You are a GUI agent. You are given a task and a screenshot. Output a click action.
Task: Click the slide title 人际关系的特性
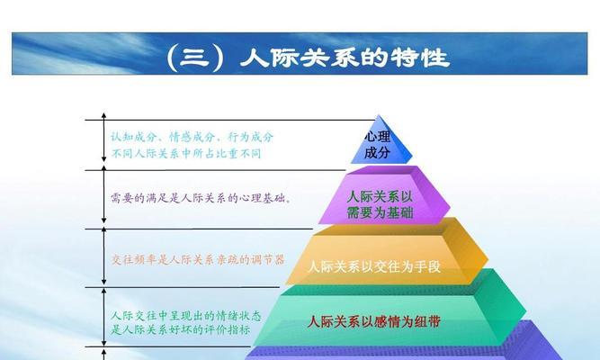(x=345, y=58)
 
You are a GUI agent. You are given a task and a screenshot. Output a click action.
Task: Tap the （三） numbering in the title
(x=195, y=58)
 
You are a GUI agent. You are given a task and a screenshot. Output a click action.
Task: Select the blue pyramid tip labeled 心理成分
(x=381, y=141)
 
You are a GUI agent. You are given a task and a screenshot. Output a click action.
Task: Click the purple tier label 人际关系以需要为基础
(x=380, y=204)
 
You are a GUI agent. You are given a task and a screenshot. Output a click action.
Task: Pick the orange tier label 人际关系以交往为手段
(x=374, y=266)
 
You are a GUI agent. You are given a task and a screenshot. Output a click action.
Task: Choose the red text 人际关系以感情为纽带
(x=374, y=321)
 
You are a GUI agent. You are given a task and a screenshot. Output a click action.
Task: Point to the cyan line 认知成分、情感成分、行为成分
(x=193, y=137)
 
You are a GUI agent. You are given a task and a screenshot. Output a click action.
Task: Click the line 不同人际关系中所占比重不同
(x=186, y=154)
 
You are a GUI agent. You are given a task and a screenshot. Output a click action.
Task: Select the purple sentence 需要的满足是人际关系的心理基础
(x=201, y=198)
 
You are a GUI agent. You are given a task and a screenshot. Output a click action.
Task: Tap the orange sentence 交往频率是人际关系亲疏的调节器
(x=198, y=260)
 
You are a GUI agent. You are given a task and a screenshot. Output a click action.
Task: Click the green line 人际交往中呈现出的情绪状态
(x=186, y=316)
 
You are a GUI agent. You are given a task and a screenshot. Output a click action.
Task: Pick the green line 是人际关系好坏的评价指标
(x=181, y=329)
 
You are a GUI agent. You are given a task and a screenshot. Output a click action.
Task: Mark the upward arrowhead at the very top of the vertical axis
(x=103, y=115)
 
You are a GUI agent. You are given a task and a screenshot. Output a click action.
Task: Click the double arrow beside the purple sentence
(x=103, y=195)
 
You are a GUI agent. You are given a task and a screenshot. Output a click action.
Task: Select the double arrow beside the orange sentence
(x=103, y=256)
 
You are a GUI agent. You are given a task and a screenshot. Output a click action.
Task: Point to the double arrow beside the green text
(x=103, y=318)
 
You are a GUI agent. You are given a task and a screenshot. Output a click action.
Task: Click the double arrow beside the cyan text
(x=103, y=137)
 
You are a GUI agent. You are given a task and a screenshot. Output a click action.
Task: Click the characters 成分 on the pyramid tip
(x=377, y=152)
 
